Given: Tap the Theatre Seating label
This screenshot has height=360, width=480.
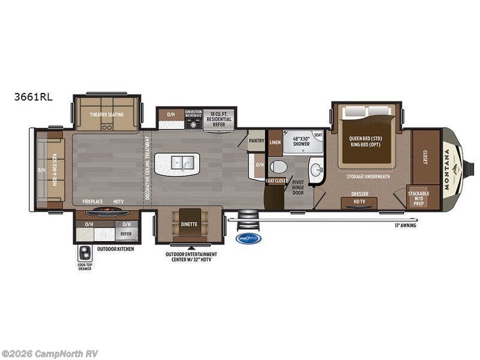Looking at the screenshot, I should click(107, 115).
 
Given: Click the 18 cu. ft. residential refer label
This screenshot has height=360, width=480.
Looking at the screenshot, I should click(218, 115).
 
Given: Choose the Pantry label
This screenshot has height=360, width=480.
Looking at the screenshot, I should click(256, 140).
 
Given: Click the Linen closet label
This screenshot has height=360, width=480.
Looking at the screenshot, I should click(275, 143).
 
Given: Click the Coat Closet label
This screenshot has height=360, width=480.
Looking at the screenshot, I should click(277, 181).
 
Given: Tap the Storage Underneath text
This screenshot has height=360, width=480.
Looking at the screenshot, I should click(368, 176).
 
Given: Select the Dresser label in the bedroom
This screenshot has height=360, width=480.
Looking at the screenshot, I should click(359, 194).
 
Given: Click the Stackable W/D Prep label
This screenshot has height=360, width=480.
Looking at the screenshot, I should click(418, 197).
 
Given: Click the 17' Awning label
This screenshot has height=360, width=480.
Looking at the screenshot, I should click(405, 226).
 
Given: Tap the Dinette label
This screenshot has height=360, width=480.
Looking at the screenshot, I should click(189, 224).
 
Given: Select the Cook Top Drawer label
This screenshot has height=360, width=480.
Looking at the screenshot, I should click(85, 264).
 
